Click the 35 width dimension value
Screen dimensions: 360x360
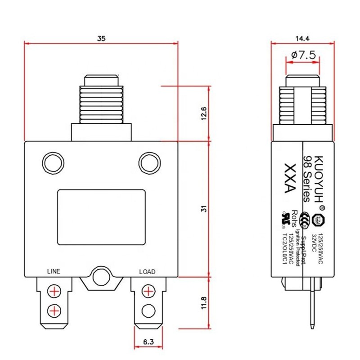click(x=101, y=39)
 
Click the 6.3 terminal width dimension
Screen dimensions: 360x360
click(x=148, y=342)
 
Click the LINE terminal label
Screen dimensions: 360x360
click(x=54, y=271)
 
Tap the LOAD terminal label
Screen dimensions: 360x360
click(x=147, y=271)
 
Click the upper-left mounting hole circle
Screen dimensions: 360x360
click(x=54, y=162)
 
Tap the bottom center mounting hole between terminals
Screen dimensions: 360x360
click(x=100, y=278)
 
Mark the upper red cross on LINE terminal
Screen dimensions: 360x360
click(x=54, y=291)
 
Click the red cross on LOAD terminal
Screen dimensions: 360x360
click(x=147, y=291)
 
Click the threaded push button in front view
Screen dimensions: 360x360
click(x=102, y=100)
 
